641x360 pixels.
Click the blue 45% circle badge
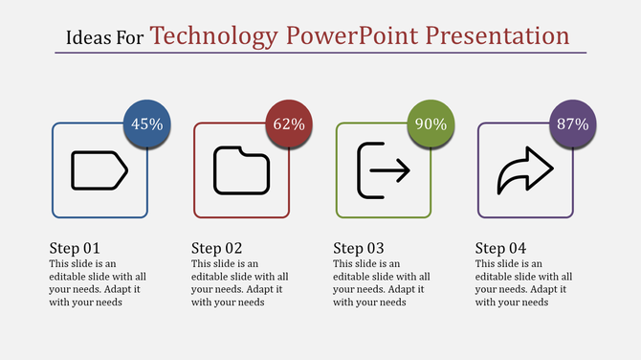tap(146, 124)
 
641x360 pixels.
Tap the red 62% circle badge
tap(288, 124)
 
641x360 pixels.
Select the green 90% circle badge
tap(430, 124)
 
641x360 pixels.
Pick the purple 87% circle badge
tap(571, 124)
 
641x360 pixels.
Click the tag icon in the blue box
tap(99, 170)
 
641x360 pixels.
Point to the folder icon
tap(241, 170)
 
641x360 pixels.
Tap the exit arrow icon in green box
tap(383, 170)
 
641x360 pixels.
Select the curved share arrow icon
tap(525, 170)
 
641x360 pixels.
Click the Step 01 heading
tap(75, 247)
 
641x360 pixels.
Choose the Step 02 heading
tap(217, 247)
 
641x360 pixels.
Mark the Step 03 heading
tap(359, 247)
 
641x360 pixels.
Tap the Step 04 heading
tap(500, 247)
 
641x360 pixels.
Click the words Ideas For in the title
tap(105, 38)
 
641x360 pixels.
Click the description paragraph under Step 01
tap(98, 282)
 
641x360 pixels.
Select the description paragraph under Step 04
tap(523, 282)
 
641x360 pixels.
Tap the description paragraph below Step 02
tap(240, 282)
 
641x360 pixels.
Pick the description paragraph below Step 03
tap(382, 282)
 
